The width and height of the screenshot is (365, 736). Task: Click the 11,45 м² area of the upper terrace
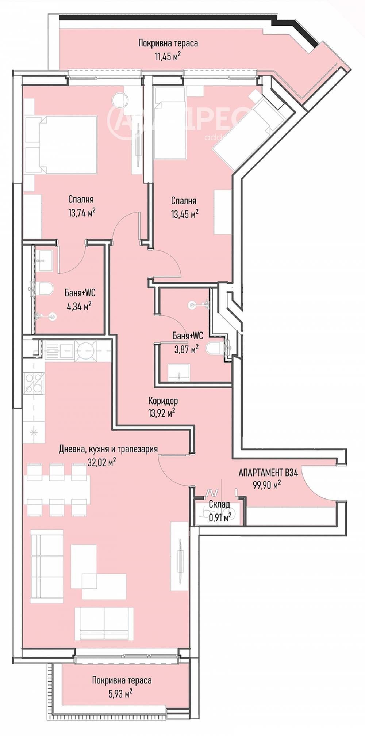[168, 57]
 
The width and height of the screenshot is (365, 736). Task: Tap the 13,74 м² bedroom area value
[82, 212]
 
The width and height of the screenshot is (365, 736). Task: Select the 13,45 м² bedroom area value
[185, 213]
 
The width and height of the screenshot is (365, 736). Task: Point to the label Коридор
[163, 401]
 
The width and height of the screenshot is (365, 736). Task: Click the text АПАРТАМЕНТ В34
[268, 473]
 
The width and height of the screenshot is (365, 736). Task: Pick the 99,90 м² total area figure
[267, 485]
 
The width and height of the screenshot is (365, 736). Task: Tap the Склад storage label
[219, 504]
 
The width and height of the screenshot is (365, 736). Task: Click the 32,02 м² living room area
[102, 462]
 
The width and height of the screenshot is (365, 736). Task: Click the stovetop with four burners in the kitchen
[34, 383]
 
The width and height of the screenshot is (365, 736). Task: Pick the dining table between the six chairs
[57, 485]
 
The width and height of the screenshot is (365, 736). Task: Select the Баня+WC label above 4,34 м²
[80, 293]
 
